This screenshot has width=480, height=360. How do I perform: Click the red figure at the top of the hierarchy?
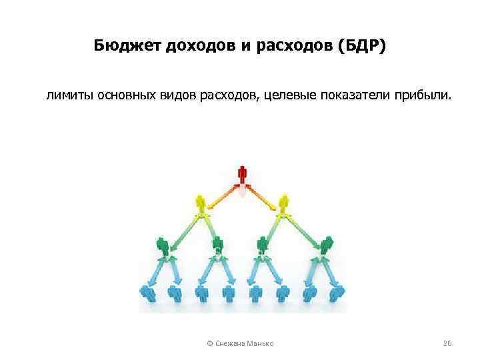(242, 174)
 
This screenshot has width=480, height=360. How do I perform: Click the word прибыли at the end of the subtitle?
(425, 97)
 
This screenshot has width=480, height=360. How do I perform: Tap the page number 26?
(448, 343)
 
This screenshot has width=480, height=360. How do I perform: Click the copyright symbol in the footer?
(210, 343)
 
